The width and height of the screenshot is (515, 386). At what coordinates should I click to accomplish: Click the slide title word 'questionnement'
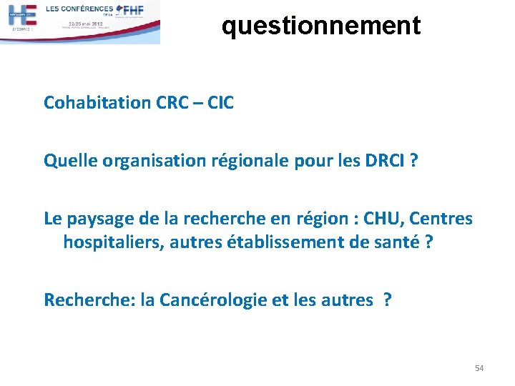[320, 26]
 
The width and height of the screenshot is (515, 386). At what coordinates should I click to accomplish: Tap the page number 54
[479, 368]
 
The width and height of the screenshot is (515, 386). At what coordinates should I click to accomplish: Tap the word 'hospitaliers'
[114, 242]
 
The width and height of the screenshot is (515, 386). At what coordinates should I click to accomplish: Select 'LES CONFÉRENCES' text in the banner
[79, 9]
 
